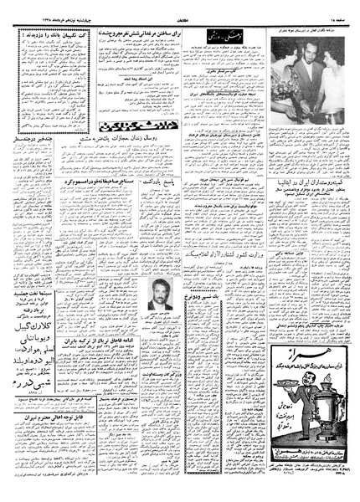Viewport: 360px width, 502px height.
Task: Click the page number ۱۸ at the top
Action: (x=338, y=9)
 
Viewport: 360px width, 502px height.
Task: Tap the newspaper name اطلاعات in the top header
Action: (x=179, y=9)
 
